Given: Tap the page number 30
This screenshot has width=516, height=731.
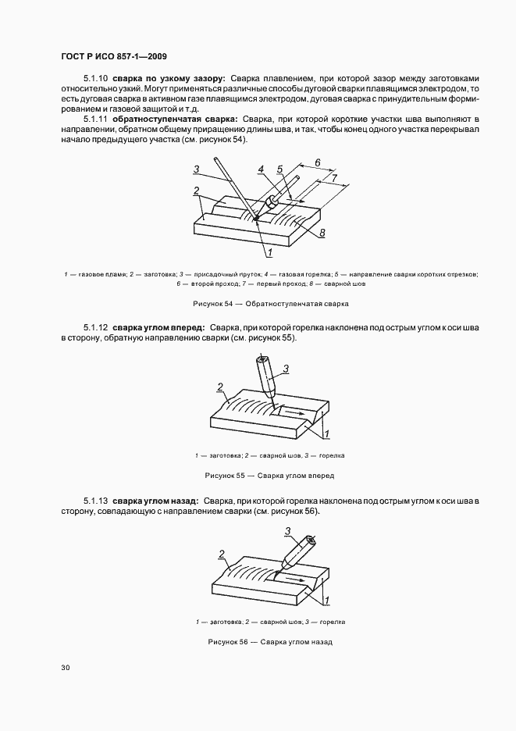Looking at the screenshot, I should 66,668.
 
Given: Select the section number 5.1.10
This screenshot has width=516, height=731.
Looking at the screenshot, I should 96,79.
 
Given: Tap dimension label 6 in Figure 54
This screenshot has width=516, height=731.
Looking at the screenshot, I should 317,162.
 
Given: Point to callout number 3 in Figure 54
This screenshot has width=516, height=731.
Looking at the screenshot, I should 198,169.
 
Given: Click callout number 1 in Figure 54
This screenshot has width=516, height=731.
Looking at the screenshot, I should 269,253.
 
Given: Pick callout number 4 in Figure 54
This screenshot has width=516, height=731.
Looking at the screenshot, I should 262,169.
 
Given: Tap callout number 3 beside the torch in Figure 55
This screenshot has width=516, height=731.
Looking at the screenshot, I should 286,369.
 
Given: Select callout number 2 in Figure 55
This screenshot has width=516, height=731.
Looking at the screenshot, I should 221,387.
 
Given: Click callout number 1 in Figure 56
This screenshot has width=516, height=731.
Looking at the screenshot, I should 326,599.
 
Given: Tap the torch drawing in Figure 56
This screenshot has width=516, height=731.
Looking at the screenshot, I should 297,552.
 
